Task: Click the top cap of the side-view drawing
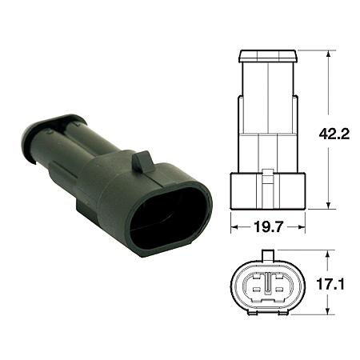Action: pos(268,56)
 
